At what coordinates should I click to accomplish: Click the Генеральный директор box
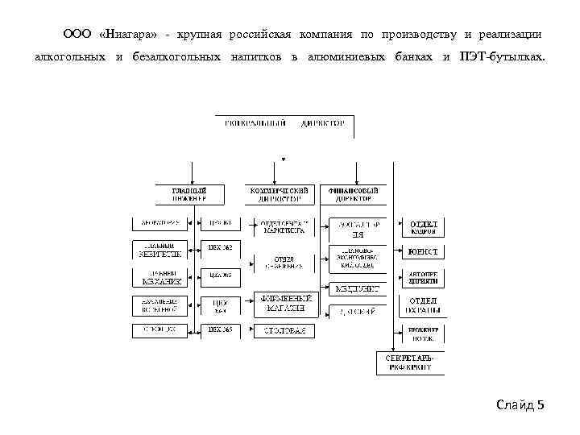[282, 125]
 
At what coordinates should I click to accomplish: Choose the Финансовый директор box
[353, 194]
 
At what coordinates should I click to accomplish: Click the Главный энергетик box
[161, 248]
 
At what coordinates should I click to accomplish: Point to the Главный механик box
[161, 278]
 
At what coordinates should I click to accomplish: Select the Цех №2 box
[219, 248]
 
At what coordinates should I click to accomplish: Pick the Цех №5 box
[219, 330]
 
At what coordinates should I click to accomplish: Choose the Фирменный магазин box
[284, 304]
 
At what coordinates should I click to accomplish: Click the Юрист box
[424, 252]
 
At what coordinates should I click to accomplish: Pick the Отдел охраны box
[424, 304]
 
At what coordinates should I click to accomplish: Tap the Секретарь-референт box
[408, 362]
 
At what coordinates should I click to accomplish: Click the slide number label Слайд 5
[520, 404]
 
